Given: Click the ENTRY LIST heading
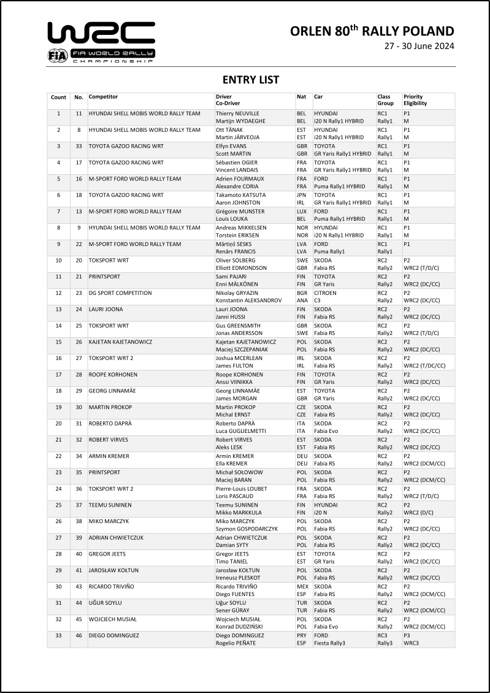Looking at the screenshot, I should pos(250,80).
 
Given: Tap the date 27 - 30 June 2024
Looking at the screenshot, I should pos(419,47).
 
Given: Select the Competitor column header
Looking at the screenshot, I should pos(103,97).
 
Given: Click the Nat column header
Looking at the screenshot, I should pos(301,97).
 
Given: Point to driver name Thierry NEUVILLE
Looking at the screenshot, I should pos(237,113).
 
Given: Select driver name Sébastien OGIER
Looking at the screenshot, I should pos(238,163).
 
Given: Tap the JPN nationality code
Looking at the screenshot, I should pos(302,195).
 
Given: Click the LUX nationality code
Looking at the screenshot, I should pos(302,212).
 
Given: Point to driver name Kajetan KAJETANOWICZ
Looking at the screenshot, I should pos(246,342).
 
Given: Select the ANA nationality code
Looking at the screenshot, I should pos(302,301).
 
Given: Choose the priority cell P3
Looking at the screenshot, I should pos(407,635).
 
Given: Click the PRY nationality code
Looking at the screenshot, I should pos(302,635).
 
